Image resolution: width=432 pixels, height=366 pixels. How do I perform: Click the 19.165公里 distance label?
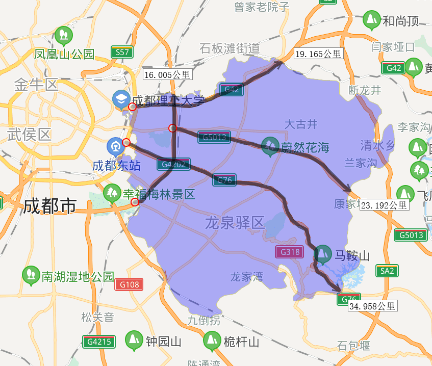[x=318, y=53]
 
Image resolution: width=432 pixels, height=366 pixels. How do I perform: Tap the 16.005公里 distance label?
[x=168, y=74]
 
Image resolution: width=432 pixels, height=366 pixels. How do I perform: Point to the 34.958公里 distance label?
[x=372, y=306]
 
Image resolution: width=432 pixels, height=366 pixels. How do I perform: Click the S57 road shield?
[x=122, y=52]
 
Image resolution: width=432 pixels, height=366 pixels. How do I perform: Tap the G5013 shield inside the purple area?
[x=214, y=137]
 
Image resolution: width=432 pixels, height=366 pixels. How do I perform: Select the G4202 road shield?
[x=174, y=164]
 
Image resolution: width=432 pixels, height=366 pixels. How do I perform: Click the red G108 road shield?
[x=129, y=284]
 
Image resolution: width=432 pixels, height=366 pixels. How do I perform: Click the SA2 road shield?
[x=387, y=271]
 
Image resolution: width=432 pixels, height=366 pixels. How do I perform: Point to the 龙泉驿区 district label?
[x=235, y=223]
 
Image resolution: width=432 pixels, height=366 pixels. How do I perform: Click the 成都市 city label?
[x=49, y=206]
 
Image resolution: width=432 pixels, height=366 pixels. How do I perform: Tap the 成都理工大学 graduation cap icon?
[x=121, y=99]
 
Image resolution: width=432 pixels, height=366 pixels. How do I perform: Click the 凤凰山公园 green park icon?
[x=64, y=35]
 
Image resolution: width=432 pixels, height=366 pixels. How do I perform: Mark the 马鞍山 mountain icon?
[x=322, y=254]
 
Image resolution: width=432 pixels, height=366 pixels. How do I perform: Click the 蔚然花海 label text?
[x=305, y=148]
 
